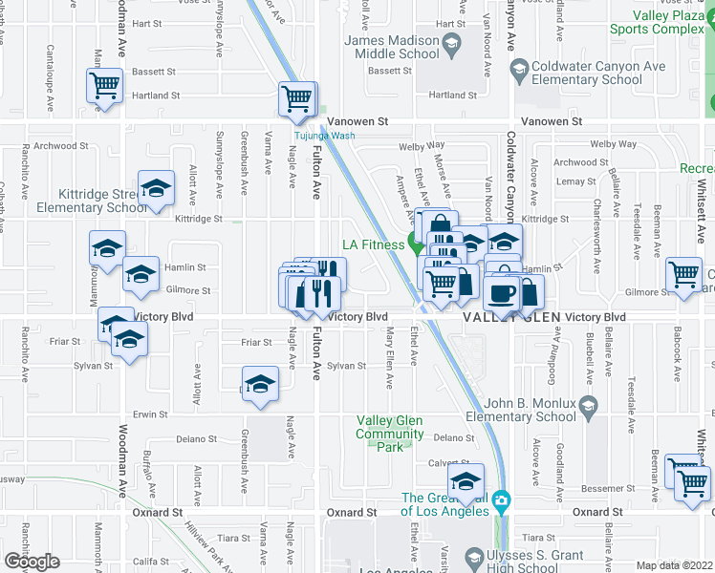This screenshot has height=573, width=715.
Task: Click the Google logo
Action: pos(32,562)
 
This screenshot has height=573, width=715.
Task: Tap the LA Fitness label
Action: pos(376,244)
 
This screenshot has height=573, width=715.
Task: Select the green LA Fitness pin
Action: pos(416,243)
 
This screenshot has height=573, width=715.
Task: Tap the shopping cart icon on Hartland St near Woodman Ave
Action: pos(106,85)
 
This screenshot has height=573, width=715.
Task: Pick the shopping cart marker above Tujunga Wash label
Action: pos(297,97)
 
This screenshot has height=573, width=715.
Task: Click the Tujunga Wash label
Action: pos(323,137)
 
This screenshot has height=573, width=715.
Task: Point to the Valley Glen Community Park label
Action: pos(390,434)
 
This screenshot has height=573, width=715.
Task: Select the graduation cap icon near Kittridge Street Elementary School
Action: pos(156,187)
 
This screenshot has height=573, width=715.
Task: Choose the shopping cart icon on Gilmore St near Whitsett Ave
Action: pos(684,275)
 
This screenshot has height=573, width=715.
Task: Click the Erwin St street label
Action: pos(150,414)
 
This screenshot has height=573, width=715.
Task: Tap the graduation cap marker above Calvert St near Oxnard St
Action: pos(466,480)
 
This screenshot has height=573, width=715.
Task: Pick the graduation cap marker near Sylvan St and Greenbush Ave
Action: pos(259,384)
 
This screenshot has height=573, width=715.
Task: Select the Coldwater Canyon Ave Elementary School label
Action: pos(585,74)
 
